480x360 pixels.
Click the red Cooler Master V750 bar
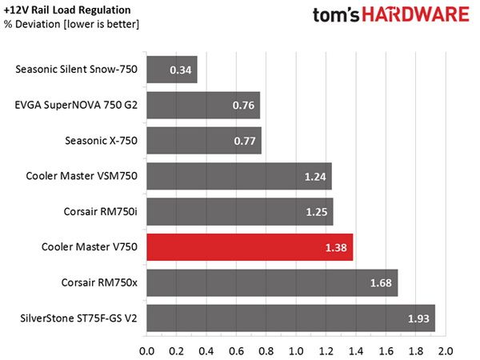pyautogui.click(x=250, y=247)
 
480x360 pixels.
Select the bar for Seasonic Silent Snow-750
pyautogui.click(x=172, y=70)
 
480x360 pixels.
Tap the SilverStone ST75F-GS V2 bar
pyautogui.click(x=291, y=318)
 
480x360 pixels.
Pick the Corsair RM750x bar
pyautogui.click(x=272, y=282)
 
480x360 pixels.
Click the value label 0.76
pyautogui.click(x=243, y=106)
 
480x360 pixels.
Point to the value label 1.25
pyautogui.click(x=317, y=212)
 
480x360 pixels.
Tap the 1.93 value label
pyautogui.click(x=418, y=318)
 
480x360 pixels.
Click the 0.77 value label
pyautogui.click(x=245, y=141)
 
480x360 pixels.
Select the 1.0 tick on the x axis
pyautogui.click(x=296, y=351)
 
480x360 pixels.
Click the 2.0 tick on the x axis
pyautogui.click(x=446, y=351)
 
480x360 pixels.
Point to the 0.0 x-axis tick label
pyautogui.click(x=146, y=351)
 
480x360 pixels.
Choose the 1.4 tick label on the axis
pyautogui.click(x=356, y=351)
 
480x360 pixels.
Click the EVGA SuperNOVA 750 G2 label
pyautogui.click(x=76, y=105)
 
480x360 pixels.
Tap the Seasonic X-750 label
pyautogui.click(x=101, y=141)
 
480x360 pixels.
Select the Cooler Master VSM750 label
pyautogui.click(x=82, y=176)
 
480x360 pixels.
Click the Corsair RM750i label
pyautogui.click(x=101, y=211)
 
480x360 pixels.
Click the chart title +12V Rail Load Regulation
pyautogui.click(x=67, y=10)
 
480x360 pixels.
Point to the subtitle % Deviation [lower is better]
pyautogui.click(x=71, y=24)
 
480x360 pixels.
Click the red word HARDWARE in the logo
pyautogui.click(x=416, y=14)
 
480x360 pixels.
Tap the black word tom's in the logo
pyautogui.click(x=336, y=15)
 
